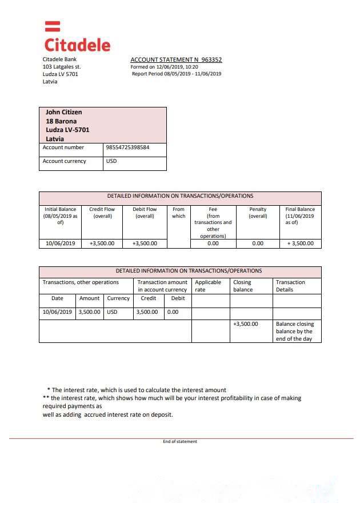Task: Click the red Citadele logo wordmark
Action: coord(77,44)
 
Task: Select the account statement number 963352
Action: coord(211,59)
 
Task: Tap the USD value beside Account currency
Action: coord(111,161)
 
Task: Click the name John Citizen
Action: coord(63,112)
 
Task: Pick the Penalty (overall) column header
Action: coord(258,213)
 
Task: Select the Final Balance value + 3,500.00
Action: coord(300,243)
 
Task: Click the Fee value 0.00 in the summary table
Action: coord(213,243)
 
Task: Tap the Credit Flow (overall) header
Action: coord(102,213)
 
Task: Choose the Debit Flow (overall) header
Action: coord(145,213)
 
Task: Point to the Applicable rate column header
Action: coord(208,286)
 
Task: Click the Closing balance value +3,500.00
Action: coord(246,324)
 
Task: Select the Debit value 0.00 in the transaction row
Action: coord(173,313)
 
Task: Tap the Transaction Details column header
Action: coord(290,286)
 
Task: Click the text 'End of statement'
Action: coord(180,441)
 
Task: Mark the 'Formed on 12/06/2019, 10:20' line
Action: coord(167,67)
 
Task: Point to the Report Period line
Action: coord(176,74)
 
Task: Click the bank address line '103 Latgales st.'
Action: coord(62,67)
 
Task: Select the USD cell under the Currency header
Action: coord(112,313)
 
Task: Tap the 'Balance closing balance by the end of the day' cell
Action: coord(295,332)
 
